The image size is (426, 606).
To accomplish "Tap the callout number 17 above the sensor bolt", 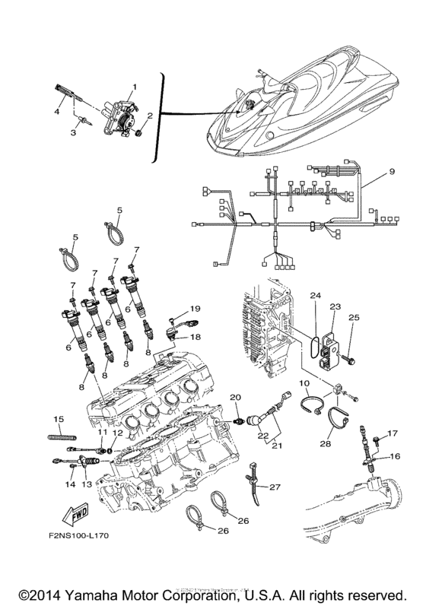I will click(x=393, y=433).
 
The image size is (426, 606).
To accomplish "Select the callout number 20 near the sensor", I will click(x=235, y=398).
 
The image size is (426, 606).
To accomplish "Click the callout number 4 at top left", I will click(x=56, y=112).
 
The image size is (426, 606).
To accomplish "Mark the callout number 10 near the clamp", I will click(x=304, y=384).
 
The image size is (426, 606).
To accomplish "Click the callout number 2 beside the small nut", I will click(x=150, y=116).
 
